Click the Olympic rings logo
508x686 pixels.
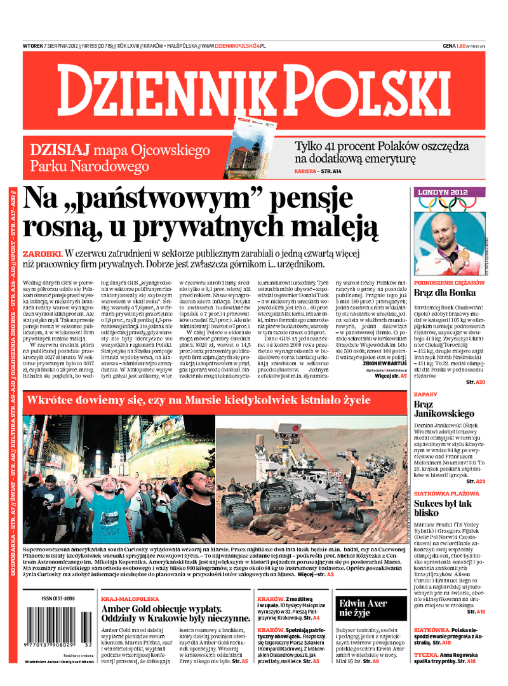[x=448, y=203]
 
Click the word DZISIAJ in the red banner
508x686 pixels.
[x=60, y=150]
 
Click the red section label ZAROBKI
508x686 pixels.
[x=42, y=252]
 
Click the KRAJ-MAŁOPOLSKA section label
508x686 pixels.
[x=130, y=598]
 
